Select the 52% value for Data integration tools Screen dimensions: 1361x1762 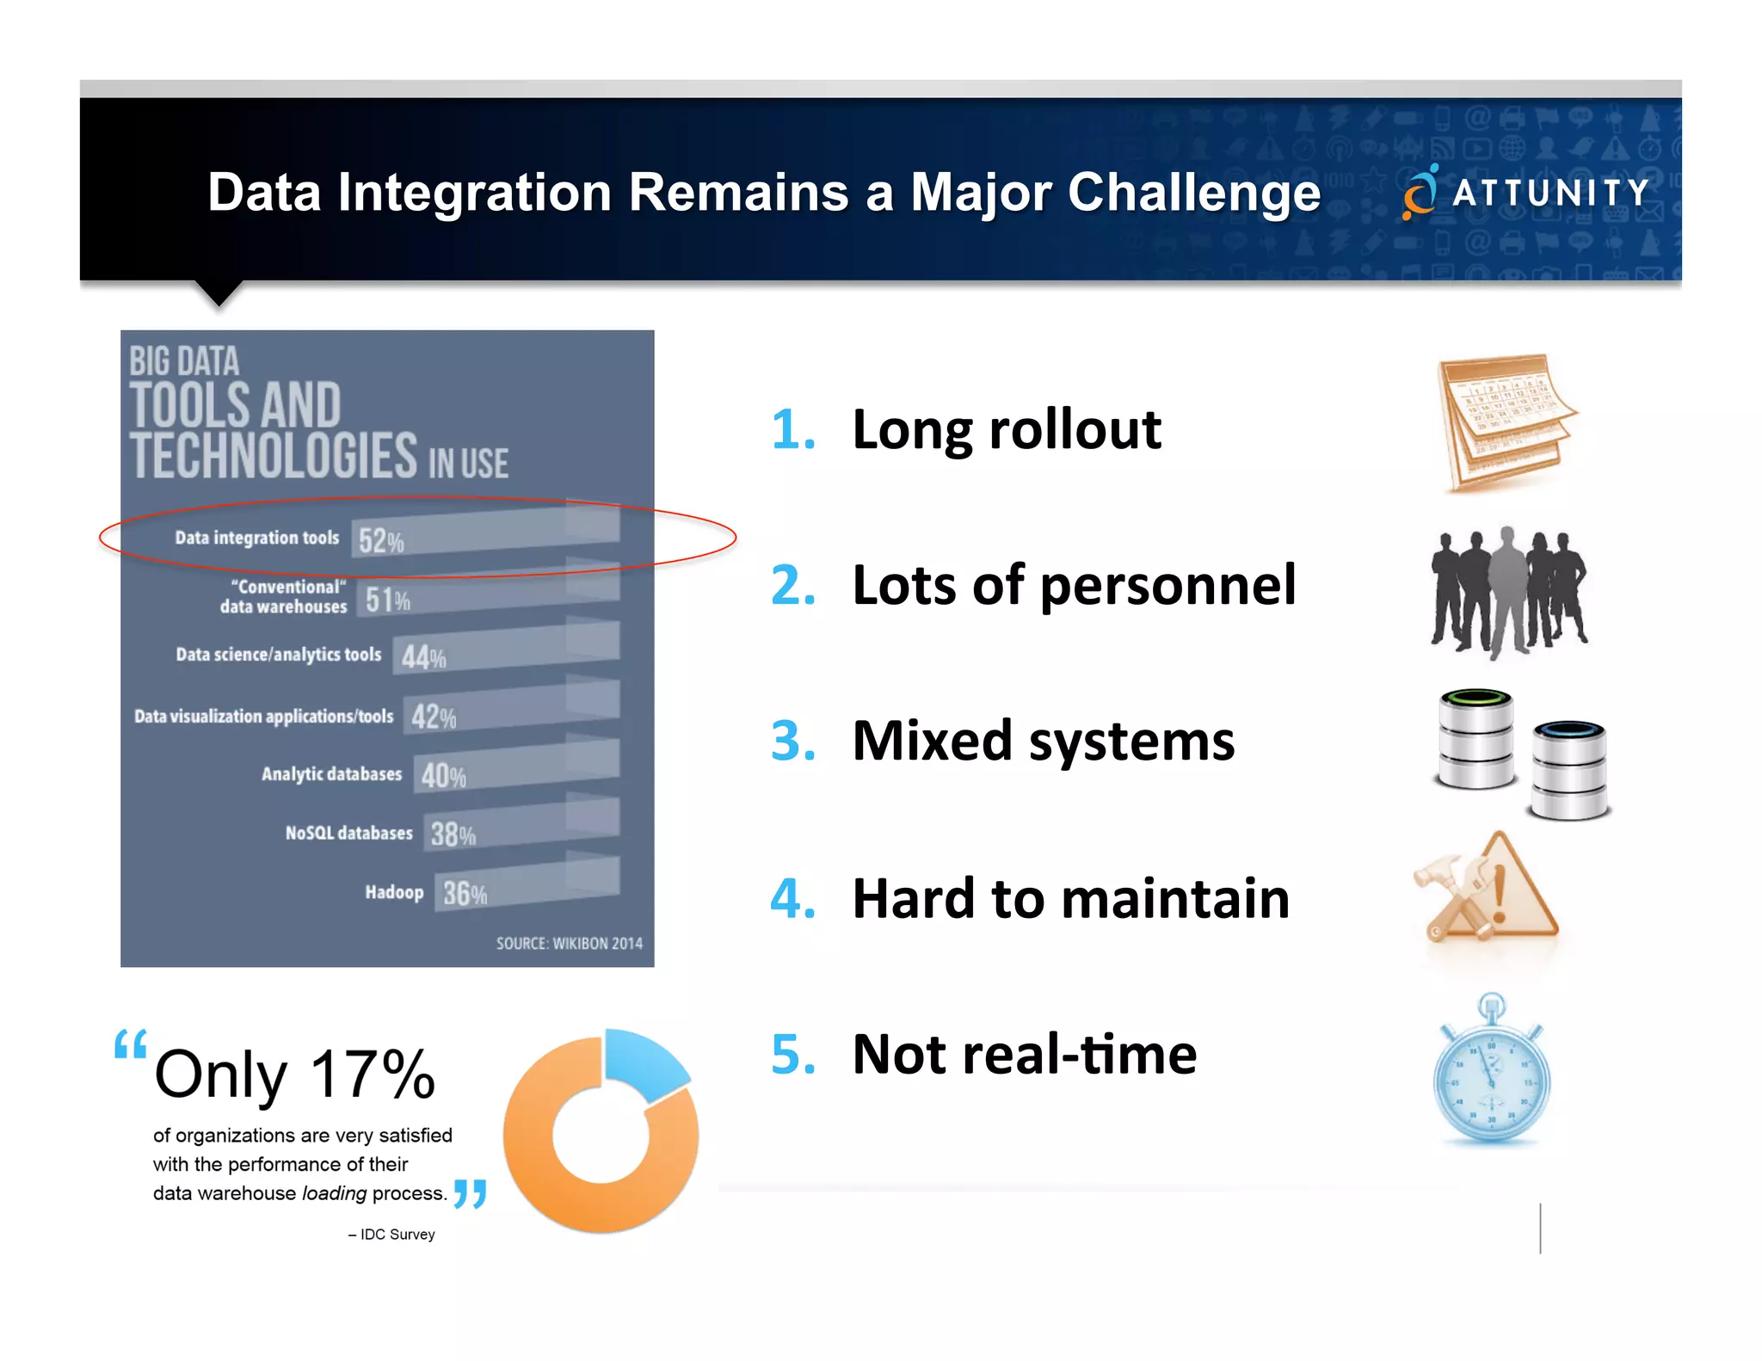click(x=380, y=541)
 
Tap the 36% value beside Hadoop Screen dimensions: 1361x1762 click(x=465, y=894)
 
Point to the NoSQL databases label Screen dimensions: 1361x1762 click(x=348, y=833)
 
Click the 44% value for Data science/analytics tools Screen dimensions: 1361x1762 click(x=423, y=658)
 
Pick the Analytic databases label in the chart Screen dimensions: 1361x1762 click(x=331, y=774)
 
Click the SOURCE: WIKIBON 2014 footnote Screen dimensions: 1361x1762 click(x=569, y=944)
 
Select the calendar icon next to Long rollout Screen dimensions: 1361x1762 click(x=1506, y=422)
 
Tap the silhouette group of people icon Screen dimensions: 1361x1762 click(x=1507, y=592)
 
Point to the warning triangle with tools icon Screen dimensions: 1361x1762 click(x=1488, y=890)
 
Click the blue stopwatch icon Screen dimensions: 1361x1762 click(x=1491, y=1075)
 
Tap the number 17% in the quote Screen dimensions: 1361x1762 click(x=372, y=1075)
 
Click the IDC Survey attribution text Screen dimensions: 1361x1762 click(x=391, y=1235)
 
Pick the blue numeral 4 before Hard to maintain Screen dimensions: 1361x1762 click(x=792, y=898)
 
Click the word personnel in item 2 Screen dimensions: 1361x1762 click(x=1167, y=586)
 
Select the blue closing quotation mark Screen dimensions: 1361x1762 click(x=470, y=1194)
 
